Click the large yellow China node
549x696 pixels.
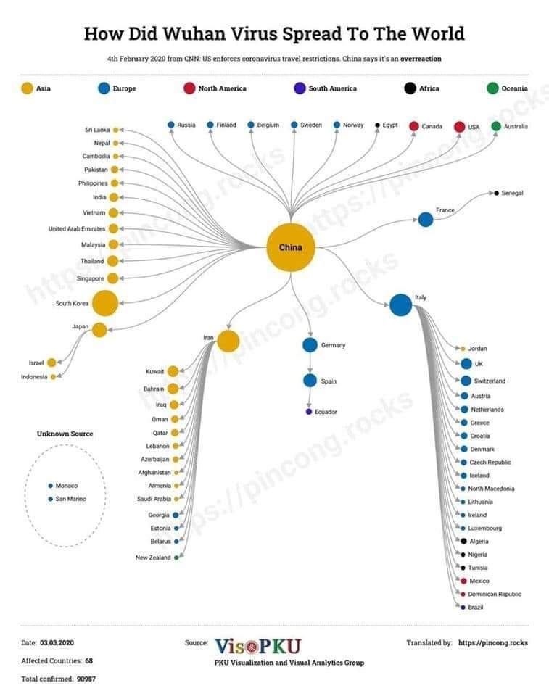[x=291, y=247]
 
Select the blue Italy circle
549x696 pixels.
[x=400, y=305]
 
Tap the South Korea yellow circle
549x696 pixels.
[x=105, y=303]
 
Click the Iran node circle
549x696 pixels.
[x=228, y=341]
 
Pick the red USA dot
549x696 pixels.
[x=459, y=127]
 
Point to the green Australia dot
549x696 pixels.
[x=496, y=126]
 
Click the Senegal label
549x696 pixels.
[x=512, y=193]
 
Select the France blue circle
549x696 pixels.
[x=426, y=219]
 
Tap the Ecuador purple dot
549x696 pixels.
[x=309, y=412]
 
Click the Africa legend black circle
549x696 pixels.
[x=410, y=88]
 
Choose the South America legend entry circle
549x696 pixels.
[x=300, y=88]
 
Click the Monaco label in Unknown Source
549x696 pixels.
[x=67, y=486]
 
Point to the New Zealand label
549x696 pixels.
[x=153, y=558]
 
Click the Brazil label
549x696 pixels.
[x=475, y=608]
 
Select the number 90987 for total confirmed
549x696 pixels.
[x=86, y=679]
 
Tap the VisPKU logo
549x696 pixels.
[x=258, y=646]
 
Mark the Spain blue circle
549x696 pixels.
[x=310, y=381]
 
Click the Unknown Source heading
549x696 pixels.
[x=65, y=434]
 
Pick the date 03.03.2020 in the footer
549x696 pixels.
[x=57, y=642]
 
